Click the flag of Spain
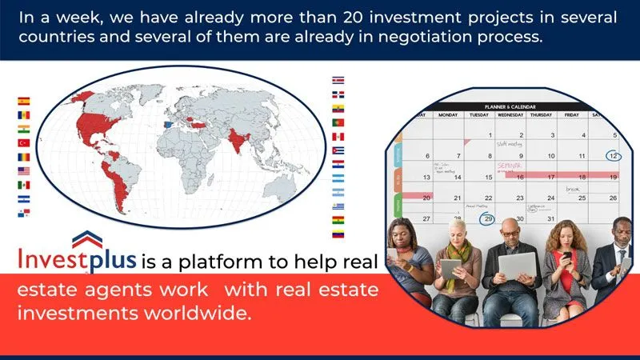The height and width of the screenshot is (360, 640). tap(23, 102)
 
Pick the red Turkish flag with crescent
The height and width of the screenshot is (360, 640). tap(23, 142)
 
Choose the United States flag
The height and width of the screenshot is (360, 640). tap(23, 170)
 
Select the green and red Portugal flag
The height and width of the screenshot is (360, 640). tap(338, 122)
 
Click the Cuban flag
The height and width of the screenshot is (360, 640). tap(338, 149)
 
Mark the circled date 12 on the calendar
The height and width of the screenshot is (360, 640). tap(613, 156)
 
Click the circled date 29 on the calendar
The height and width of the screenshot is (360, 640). tap(486, 218)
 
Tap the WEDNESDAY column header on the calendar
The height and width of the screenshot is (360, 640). tap(510, 115)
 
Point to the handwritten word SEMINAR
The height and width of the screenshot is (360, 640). tap(509, 166)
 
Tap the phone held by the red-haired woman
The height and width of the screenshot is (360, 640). tap(566, 257)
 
